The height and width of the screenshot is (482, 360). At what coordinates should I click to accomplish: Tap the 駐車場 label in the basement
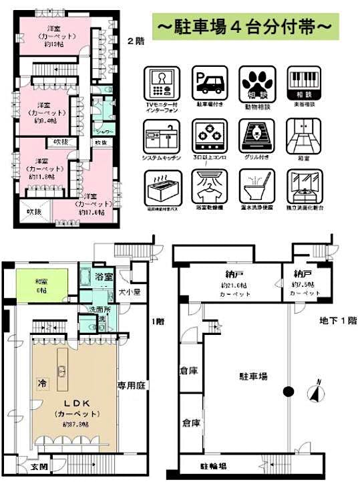pyautogui.click(x=255, y=377)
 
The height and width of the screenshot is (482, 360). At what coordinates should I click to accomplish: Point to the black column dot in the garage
pyautogui.click(x=288, y=391)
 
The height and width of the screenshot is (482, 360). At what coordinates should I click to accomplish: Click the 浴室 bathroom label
pyautogui.click(x=104, y=275)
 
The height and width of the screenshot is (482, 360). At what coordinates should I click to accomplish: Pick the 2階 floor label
pyautogui.click(x=136, y=40)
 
